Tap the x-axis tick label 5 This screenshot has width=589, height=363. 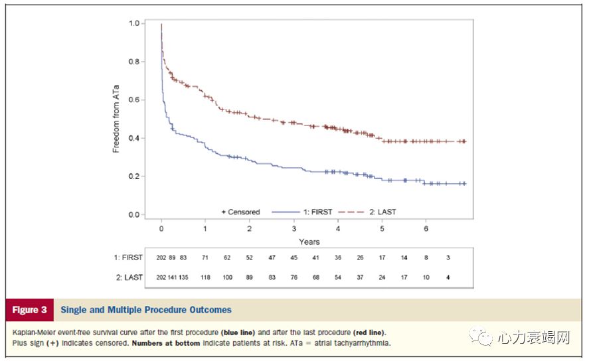point(382,228)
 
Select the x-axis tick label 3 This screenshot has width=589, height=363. point(294,228)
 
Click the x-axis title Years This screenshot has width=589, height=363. point(309,242)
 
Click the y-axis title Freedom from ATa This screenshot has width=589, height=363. point(116,118)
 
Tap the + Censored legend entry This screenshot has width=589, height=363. point(240,212)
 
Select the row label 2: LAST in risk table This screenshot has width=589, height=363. point(129,277)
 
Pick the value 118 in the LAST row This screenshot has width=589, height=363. point(205,277)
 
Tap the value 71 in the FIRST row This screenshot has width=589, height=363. point(205,257)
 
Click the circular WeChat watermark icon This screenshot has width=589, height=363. point(483,337)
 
